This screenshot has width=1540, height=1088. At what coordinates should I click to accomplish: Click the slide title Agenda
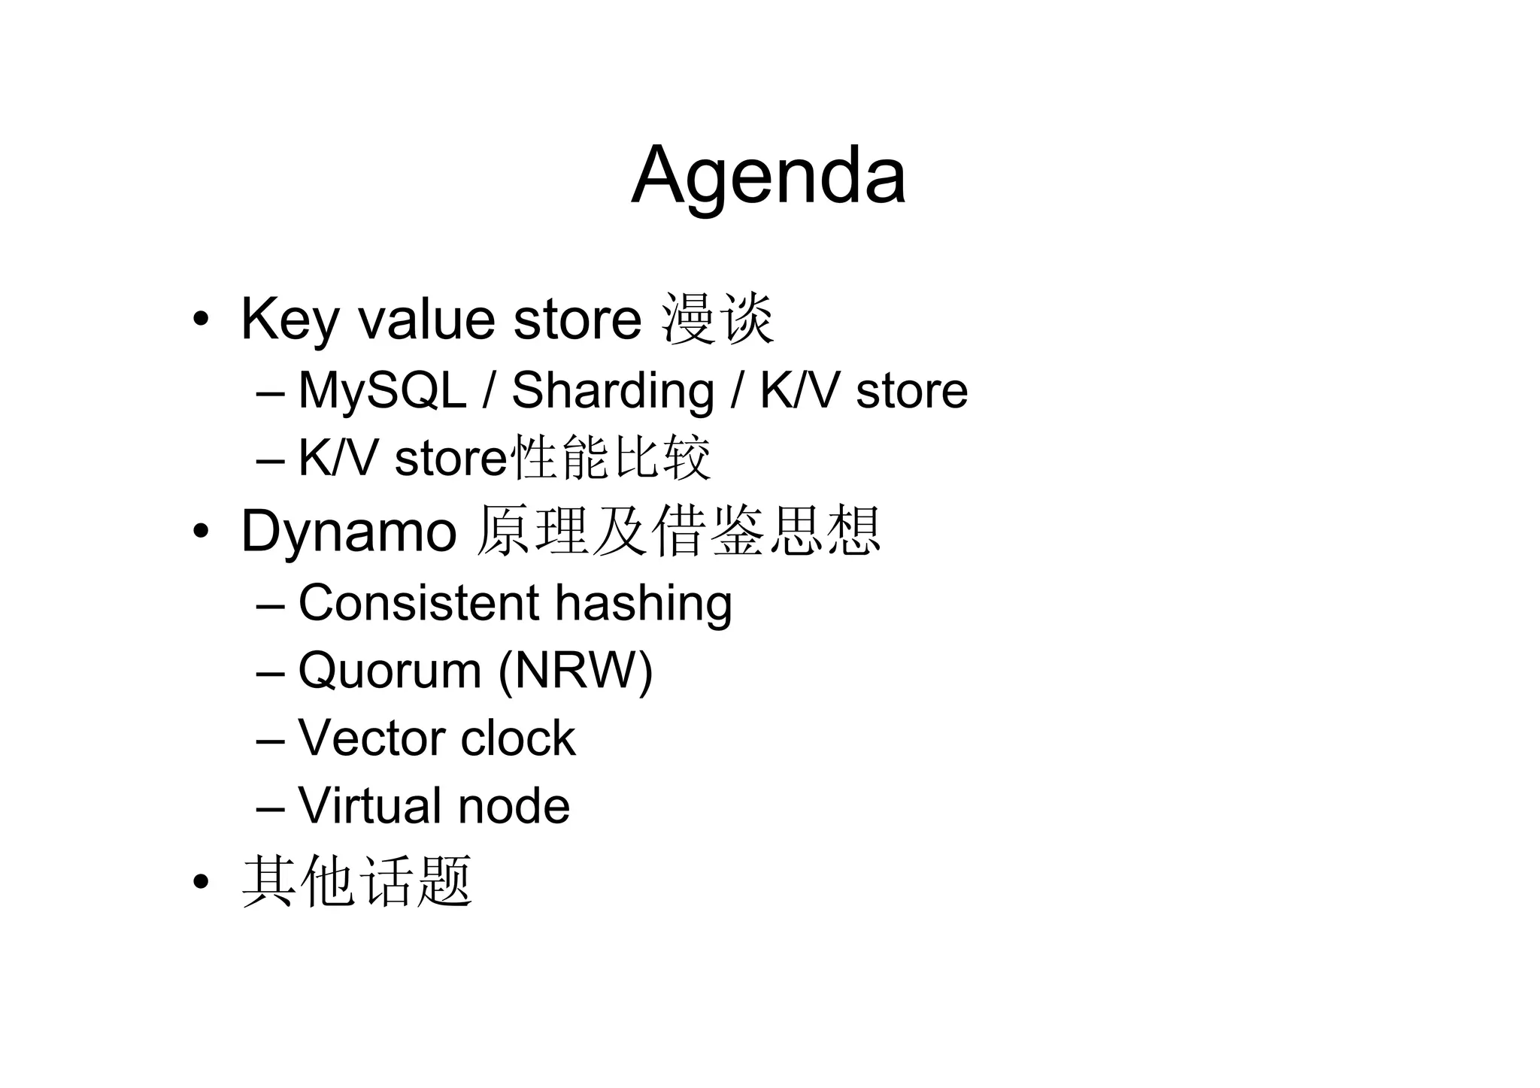(768, 176)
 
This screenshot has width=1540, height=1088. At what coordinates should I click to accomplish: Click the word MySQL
(382, 391)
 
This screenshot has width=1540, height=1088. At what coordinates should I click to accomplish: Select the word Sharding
(612, 391)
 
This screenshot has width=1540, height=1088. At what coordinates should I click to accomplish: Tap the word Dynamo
(348, 531)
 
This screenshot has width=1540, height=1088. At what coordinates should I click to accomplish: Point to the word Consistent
(419, 602)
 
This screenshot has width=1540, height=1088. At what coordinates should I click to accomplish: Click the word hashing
(643, 604)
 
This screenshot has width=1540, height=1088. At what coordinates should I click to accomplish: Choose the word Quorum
(390, 670)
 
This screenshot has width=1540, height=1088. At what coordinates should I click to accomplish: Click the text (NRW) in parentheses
(575, 670)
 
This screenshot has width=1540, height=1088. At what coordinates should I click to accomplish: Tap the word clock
(517, 738)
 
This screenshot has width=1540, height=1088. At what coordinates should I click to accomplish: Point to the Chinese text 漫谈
(717, 319)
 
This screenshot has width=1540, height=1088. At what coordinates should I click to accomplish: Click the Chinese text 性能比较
(610, 457)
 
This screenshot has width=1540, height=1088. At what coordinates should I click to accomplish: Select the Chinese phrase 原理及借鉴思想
(678, 531)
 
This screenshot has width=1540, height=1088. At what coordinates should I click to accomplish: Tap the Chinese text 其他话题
(356, 880)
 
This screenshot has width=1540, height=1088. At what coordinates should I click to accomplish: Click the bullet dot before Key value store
(199, 320)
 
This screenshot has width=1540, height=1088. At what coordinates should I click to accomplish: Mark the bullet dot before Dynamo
(199, 532)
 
